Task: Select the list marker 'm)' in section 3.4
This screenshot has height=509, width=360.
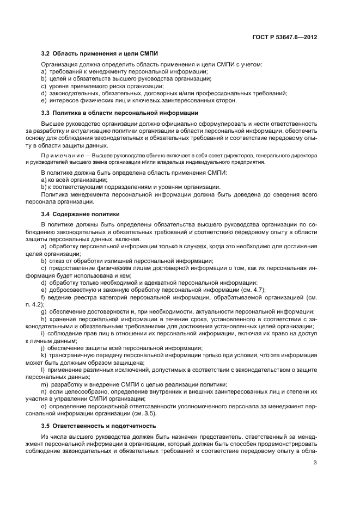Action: [x=45, y=385]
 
